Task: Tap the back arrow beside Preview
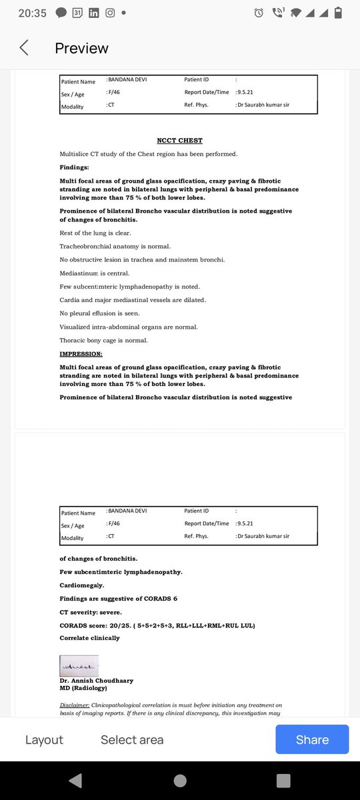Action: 25,48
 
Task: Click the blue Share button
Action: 312,739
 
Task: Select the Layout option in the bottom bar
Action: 44,740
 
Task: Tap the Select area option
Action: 132,740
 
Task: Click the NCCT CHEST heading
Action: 179,141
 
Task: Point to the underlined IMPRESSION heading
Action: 81,353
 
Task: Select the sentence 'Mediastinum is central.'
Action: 95,273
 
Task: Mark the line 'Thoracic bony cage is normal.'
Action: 103,340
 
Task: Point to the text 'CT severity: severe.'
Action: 91,612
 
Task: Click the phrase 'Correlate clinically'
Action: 89,638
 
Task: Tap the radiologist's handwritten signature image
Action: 79,665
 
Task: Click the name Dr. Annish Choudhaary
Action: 96,681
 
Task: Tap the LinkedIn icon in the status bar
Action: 93,13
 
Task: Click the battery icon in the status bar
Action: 338,13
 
